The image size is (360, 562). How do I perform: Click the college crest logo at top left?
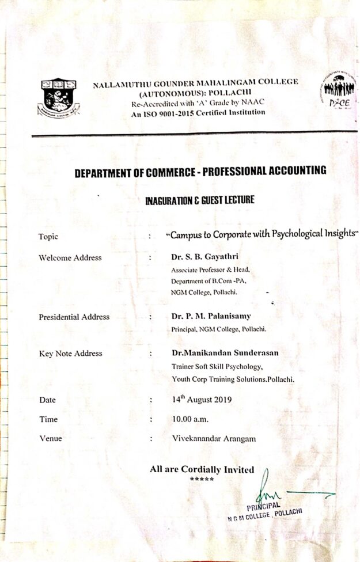coord(58,97)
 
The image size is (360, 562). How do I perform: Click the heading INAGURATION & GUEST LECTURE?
coord(199,200)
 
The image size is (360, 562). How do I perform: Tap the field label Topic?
coord(48,236)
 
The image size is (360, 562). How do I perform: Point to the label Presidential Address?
coord(74,317)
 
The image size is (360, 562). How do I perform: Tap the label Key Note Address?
coord(70,354)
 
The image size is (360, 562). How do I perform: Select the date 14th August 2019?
coord(202,399)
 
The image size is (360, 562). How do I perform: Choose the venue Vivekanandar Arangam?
coord(214,439)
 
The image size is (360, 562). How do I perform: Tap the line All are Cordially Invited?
coord(202,469)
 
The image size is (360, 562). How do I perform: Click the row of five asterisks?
coord(202,479)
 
